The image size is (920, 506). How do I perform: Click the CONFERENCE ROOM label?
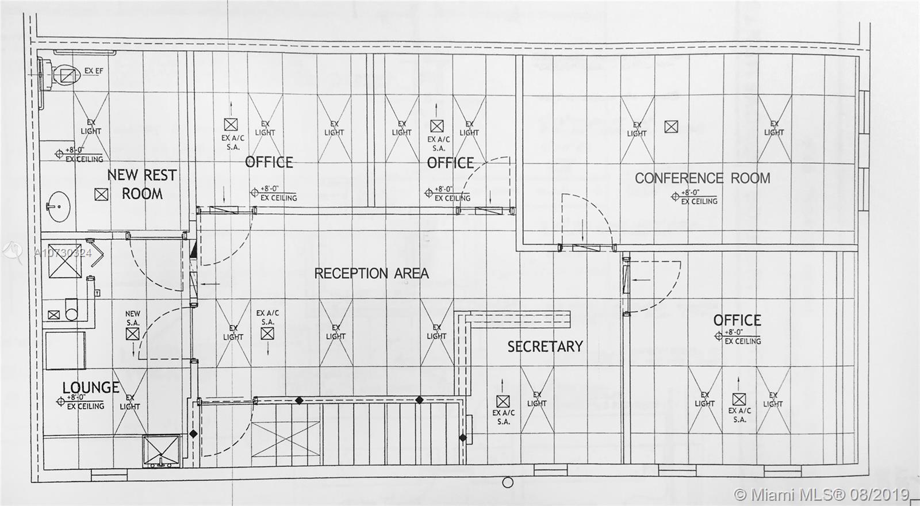point(702,178)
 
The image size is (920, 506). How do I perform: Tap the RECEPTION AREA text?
point(371,273)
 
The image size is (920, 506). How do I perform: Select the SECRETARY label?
point(545,346)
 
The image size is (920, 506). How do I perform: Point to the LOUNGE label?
point(91,388)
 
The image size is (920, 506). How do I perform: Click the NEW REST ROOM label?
point(142,184)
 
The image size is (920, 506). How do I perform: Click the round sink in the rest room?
point(57,205)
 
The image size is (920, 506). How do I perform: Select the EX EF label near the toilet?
point(94,71)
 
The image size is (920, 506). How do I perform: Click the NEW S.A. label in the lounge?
point(133,318)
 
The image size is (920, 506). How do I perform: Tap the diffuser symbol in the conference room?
point(671,126)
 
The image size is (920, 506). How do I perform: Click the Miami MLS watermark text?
point(823,494)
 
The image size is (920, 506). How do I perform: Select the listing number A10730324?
point(63,252)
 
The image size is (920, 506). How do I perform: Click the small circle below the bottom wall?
point(507,483)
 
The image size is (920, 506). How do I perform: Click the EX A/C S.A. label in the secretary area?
point(504,417)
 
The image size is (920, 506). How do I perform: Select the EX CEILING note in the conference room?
point(699,201)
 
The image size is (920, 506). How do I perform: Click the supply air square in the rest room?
point(101,194)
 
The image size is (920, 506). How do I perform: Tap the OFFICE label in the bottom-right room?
point(737,320)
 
